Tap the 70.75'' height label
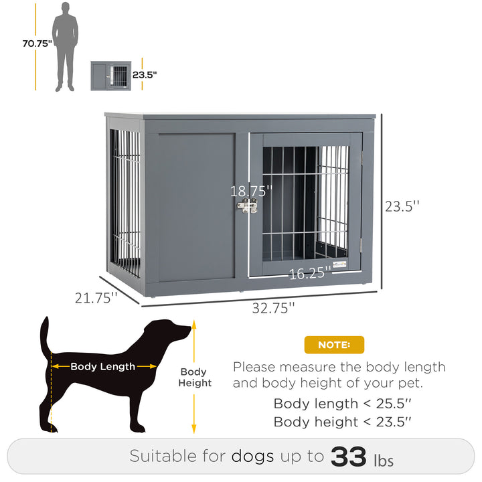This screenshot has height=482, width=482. pyautogui.click(x=36, y=44)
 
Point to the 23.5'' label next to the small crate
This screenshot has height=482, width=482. pyautogui.click(x=144, y=75)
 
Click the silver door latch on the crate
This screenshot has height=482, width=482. pyautogui.click(x=248, y=206)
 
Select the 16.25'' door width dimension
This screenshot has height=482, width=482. pyautogui.click(x=311, y=272)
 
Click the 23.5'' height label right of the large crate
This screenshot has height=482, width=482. pyautogui.click(x=402, y=206)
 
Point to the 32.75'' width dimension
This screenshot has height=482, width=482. pyautogui.click(x=273, y=308)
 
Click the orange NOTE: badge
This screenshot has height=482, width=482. pyautogui.click(x=334, y=345)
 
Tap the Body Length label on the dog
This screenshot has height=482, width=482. pyautogui.click(x=103, y=366)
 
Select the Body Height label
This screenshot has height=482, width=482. pyautogui.click(x=194, y=378)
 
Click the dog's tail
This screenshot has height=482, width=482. pyautogui.click(x=46, y=335)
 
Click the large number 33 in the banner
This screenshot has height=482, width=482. pyautogui.click(x=349, y=457)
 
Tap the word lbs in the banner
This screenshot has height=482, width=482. pyautogui.click(x=384, y=460)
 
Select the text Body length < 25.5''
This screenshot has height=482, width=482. pyautogui.click(x=342, y=404)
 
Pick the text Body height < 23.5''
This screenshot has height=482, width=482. pyautogui.click(x=342, y=422)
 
